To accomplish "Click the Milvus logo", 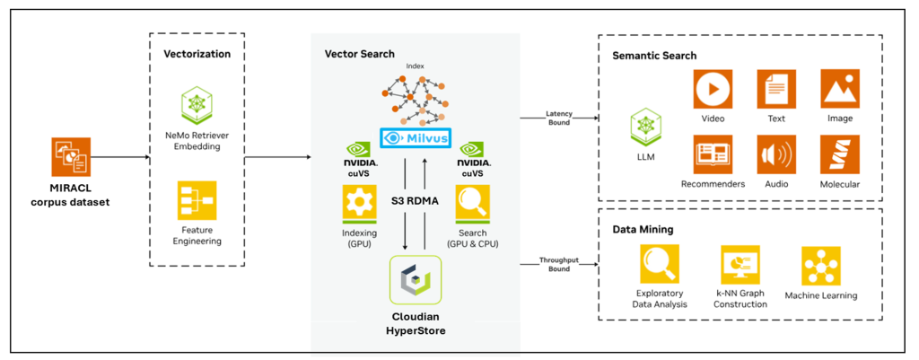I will coord(416,139).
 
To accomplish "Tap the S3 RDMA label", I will coord(415,201).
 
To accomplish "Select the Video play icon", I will coord(713,90).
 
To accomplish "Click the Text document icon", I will coord(777,90).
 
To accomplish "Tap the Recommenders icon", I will coord(713,154).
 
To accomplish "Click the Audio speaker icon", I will coord(777,154).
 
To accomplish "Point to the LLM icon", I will coord(646,127).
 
